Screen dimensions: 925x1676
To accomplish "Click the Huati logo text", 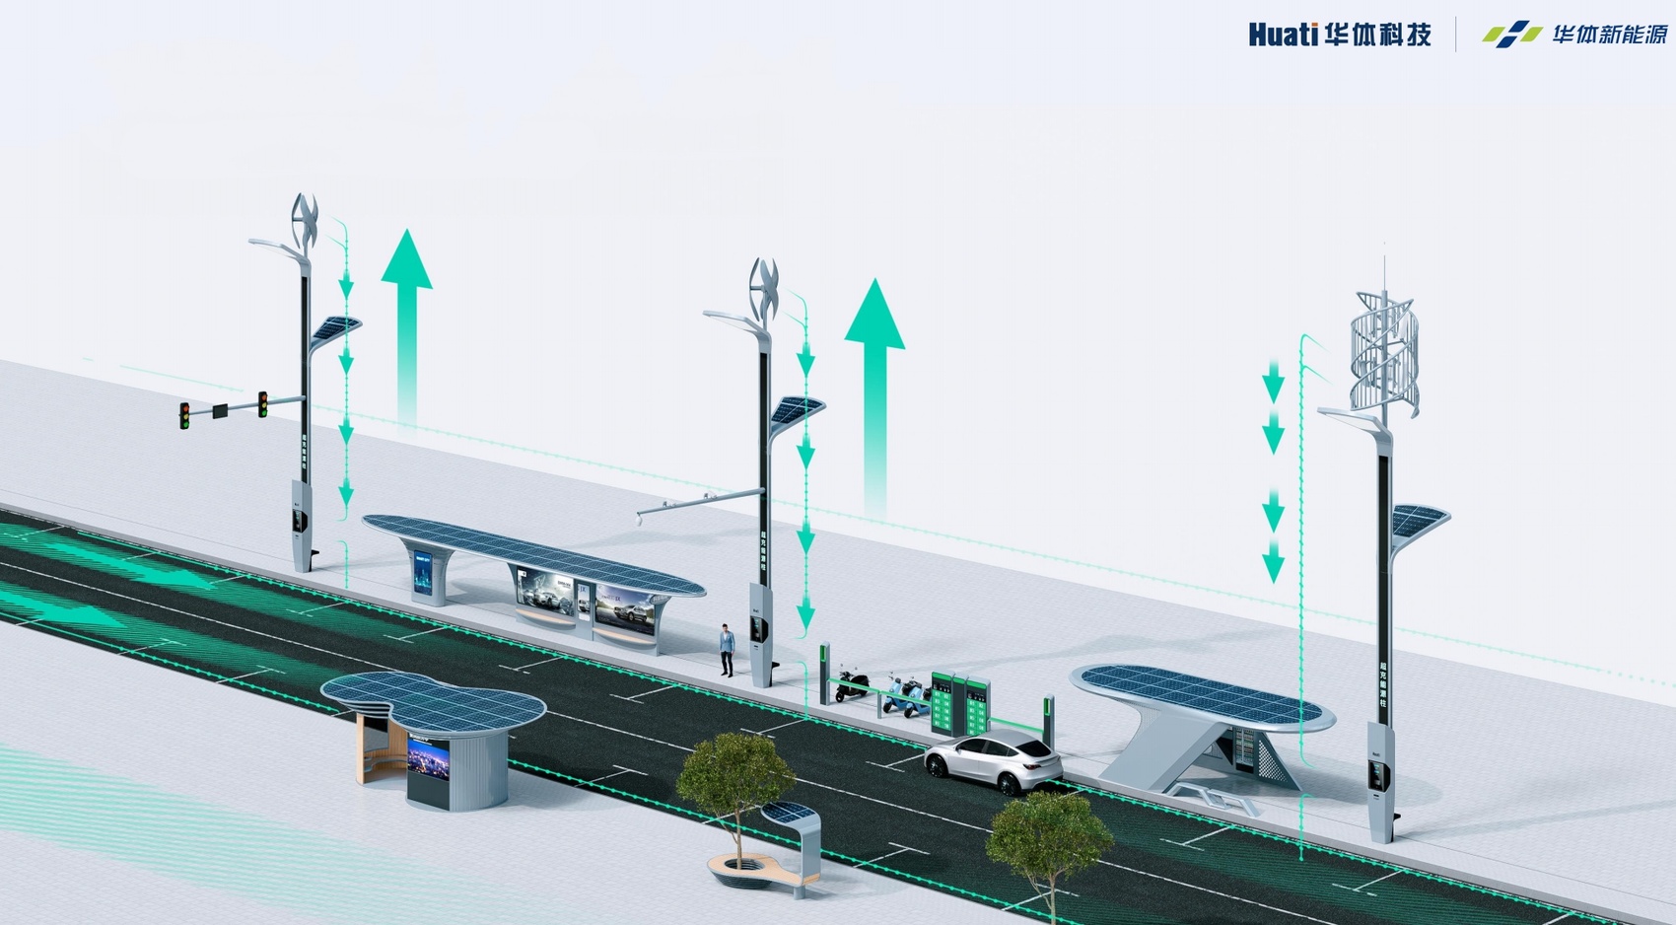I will tap(1283, 35).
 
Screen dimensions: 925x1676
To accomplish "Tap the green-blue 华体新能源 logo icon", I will tap(1511, 35).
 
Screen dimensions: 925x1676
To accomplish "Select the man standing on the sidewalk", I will tap(727, 650).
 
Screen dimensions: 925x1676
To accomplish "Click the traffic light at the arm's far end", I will tap(184, 415).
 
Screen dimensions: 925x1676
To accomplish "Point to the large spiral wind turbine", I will tap(1385, 353).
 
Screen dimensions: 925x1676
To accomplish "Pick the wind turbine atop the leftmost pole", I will tap(305, 221).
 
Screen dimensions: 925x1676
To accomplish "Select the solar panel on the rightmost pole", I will tap(1420, 520).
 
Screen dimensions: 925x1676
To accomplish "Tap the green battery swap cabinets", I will tap(959, 703).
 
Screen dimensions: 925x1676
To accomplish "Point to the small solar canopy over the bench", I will tap(790, 814).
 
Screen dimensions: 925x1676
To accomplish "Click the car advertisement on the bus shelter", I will tap(546, 592).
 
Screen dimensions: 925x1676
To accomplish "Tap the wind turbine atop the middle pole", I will tap(764, 288).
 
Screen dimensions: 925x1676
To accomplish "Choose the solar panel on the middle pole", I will tap(797, 409).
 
